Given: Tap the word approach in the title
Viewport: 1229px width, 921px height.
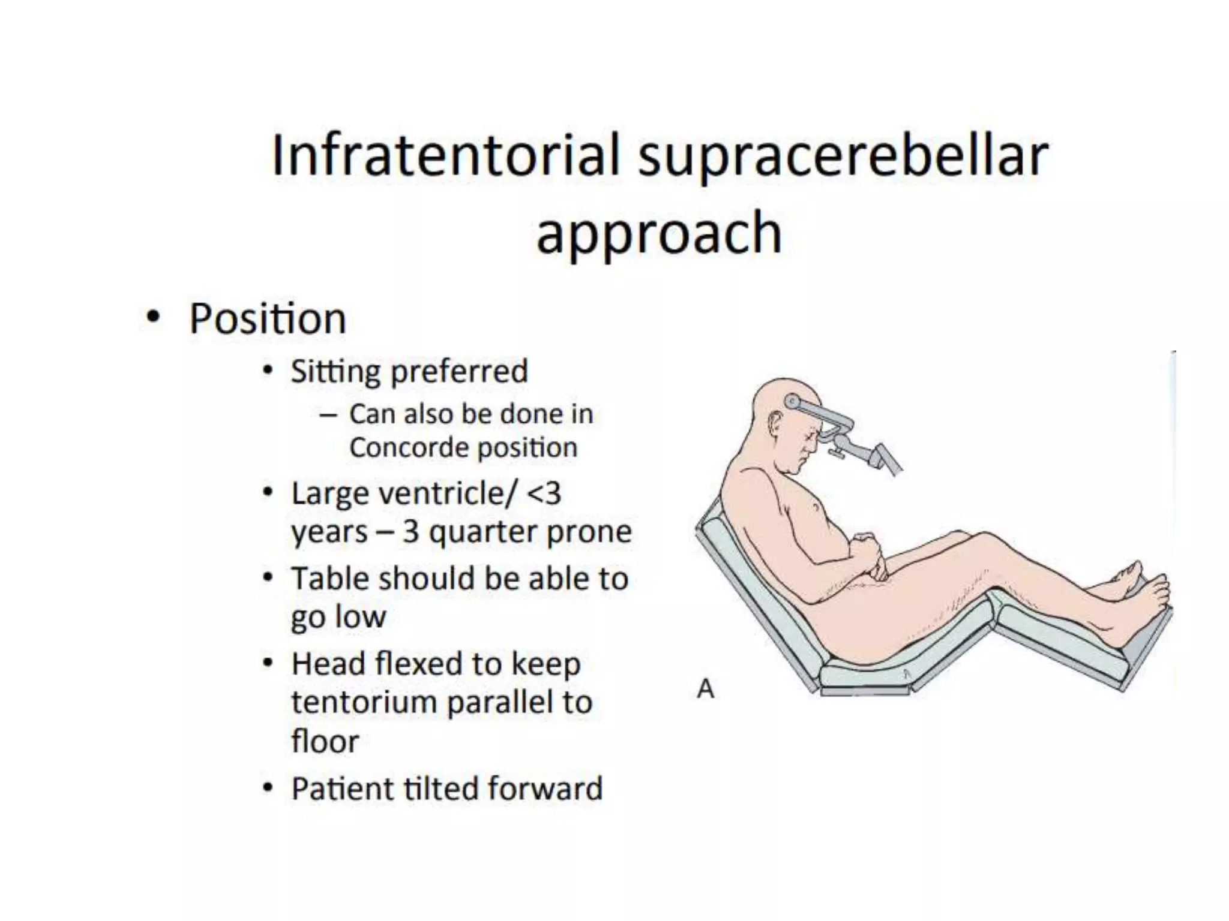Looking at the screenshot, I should pyautogui.click(x=658, y=234).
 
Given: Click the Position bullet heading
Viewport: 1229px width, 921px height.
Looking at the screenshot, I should pyautogui.click(x=268, y=318).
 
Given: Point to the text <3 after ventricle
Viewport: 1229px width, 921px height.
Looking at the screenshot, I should pyautogui.click(x=544, y=494).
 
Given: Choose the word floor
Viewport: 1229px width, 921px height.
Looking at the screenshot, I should pyautogui.click(x=325, y=742).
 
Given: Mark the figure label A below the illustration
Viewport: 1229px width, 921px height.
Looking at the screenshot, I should pyautogui.click(x=706, y=689).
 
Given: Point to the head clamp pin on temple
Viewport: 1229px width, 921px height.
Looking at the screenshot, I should pyautogui.click(x=793, y=401).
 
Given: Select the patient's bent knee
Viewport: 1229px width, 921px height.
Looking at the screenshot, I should pyautogui.click(x=960, y=537).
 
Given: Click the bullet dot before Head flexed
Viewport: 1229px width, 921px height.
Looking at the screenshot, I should pyautogui.click(x=268, y=664).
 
